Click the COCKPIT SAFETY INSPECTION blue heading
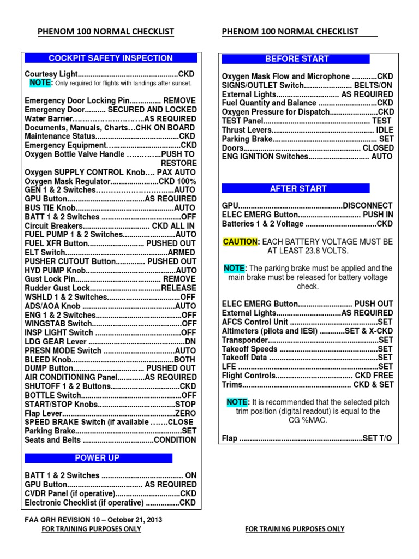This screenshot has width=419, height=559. click(x=111, y=58)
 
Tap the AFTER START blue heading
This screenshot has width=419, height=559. click(x=298, y=188)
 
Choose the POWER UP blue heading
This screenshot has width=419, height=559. click(x=97, y=457)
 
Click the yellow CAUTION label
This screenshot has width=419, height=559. click(x=239, y=241)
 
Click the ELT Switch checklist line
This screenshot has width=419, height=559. click(x=110, y=252)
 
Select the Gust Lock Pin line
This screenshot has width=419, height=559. click(x=110, y=279)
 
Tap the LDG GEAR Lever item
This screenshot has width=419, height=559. click(x=110, y=341)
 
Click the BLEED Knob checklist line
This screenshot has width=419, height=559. click(x=110, y=359)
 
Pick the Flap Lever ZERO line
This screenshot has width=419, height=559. click(x=110, y=413)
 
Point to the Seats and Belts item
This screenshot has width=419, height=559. click(x=110, y=439)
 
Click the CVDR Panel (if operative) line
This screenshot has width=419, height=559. click(x=110, y=493)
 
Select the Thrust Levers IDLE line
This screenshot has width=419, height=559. click(x=307, y=130)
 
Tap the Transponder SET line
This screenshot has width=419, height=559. click(x=307, y=340)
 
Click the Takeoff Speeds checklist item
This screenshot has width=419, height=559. click(x=307, y=349)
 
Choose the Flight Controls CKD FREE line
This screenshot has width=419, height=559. click(x=307, y=376)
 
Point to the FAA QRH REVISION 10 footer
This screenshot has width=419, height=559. click(x=93, y=520)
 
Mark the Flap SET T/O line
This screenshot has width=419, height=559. click(x=307, y=438)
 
